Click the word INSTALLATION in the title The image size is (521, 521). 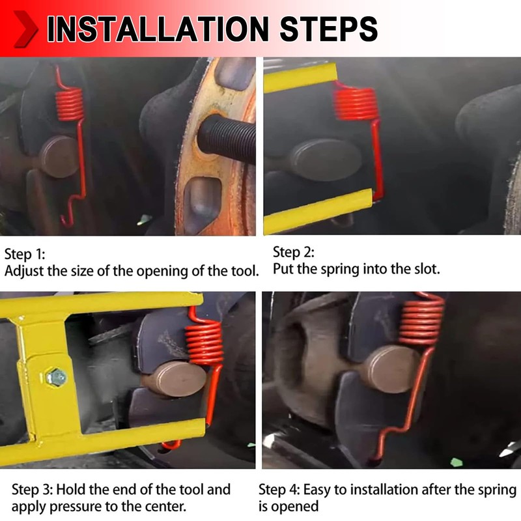158,29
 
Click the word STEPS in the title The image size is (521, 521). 329,29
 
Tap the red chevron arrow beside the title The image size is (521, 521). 25,29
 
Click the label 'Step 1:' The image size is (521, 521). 25,254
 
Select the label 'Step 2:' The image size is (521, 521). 294,252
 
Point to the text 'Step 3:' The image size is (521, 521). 32,490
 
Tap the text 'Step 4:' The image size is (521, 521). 279,490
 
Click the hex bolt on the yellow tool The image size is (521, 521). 56,378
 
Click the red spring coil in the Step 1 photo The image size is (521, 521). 69,104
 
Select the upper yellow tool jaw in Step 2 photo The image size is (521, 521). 300,78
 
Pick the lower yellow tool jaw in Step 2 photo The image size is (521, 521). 317,211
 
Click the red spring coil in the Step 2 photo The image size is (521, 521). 356,104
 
